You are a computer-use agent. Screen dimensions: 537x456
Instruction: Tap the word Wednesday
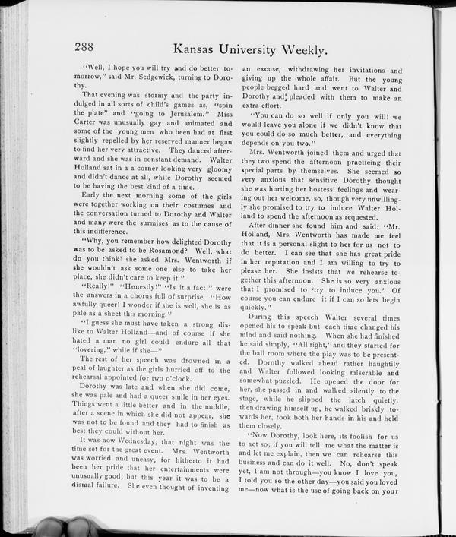pos(143,441)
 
